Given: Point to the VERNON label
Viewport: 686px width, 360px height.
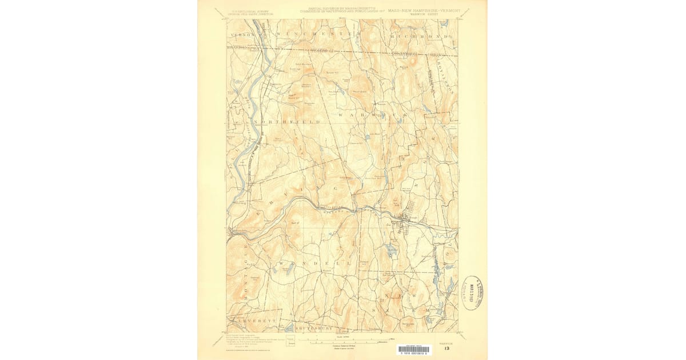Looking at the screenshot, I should [240, 35].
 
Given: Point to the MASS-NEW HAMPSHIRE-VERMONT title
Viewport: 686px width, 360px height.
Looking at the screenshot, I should [423, 10].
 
